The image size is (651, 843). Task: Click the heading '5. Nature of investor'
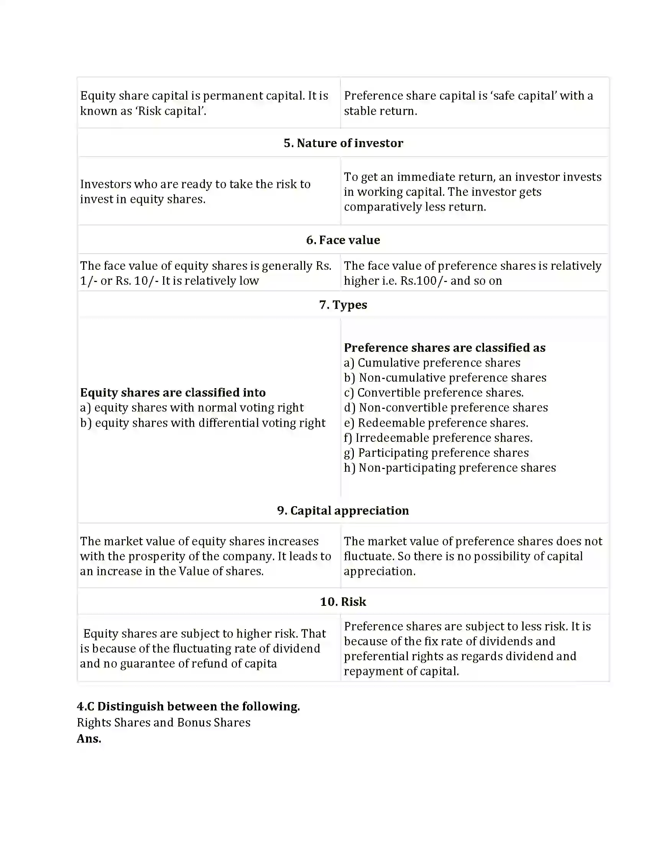(x=343, y=143)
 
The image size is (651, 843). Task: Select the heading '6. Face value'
(x=343, y=240)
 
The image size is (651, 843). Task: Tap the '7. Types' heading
(x=343, y=305)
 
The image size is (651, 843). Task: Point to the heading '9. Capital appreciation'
(x=343, y=511)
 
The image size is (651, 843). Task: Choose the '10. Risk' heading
(x=343, y=602)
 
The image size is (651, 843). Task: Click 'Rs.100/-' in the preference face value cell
(x=424, y=280)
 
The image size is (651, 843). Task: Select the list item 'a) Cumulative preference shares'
(x=432, y=363)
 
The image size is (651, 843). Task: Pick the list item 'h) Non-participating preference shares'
(x=450, y=468)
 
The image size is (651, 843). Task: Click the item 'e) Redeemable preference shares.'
(x=436, y=423)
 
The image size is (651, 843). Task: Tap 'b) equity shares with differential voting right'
(x=203, y=423)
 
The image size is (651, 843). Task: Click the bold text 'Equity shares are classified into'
(x=173, y=392)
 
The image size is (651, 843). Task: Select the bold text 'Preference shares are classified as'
(x=444, y=348)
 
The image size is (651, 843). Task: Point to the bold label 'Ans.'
(x=89, y=739)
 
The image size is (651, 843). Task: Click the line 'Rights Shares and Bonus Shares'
(x=164, y=723)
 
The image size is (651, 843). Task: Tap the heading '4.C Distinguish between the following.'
(x=188, y=706)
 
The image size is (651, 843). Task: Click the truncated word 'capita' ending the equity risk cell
(x=261, y=664)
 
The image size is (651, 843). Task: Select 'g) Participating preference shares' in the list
(x=436, y=453)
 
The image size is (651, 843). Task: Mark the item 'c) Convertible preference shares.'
(x=433, y=393)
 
